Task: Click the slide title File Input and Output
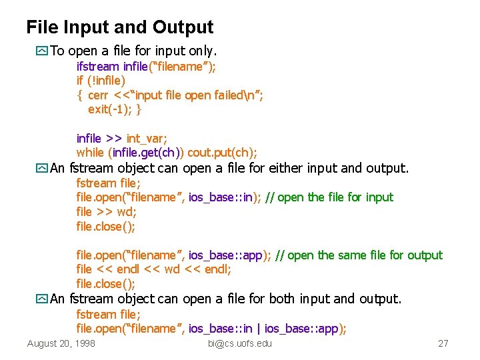pos(120,27)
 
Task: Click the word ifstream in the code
pos(98,66)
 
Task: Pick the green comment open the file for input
pos(336,197)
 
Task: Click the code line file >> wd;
pos(104,212)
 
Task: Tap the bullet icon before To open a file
pos(43,51)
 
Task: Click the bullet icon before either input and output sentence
pos(43,168)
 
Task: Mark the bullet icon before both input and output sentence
pos(43,299)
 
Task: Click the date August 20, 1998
pos(61,343)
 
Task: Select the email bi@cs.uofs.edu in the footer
pos(240,343)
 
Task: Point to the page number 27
pos(443,343)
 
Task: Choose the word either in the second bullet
pos(295,168)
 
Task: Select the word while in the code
pos(90,153)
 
